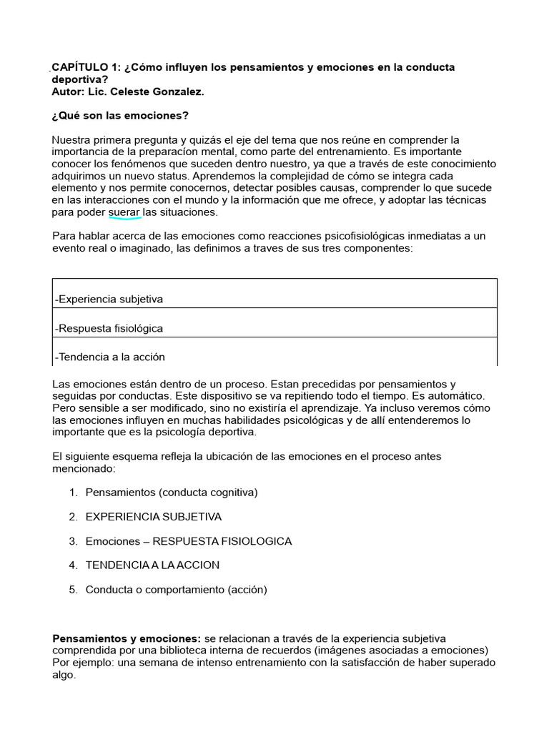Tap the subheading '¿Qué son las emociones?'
(120, 116)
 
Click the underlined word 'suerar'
(124, 213)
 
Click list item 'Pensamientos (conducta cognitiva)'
(172, 493)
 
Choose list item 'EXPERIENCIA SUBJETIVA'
(154, 517)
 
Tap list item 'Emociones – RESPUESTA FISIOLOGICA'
(189, 541)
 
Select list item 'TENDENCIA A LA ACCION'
(152, 565)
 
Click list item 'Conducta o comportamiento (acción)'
(176, 590)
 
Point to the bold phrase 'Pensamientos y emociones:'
(127, 638)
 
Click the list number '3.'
(73, 541)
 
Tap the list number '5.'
(73, 590)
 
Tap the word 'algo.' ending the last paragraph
(64, 675)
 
